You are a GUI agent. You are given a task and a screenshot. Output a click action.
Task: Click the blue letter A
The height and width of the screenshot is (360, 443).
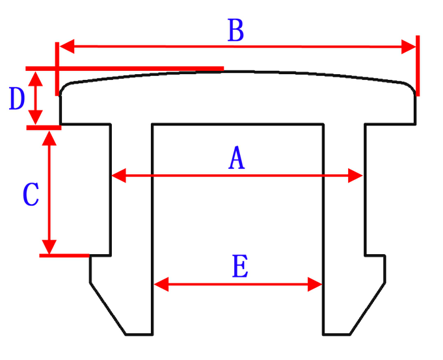pyautogui.click(x=237, y=159)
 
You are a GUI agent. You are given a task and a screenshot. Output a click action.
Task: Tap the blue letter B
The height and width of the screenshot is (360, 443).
pyautogui.click(x=235, y=31)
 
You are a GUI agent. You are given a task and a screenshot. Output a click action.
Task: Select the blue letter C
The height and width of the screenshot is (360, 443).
pyautogui.click(x=31, y=195)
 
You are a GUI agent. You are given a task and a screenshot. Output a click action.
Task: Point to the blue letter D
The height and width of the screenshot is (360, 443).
pyautogui.click(x=18, y=99)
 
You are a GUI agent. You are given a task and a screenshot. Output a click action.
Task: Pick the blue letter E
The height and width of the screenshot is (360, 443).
pyautogui.click(x=240, y=267)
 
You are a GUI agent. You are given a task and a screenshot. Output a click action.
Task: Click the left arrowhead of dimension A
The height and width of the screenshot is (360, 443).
pyautogui.click(x=118, y=175)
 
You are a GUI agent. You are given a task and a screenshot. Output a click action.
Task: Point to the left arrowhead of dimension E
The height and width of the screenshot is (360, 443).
pyautogui.click(x=160, y=284)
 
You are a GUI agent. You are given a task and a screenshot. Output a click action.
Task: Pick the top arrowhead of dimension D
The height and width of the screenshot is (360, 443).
pyautogui.click(x=36, y=76)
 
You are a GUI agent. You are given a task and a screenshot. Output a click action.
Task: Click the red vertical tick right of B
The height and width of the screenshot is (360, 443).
pyautogui.click(x=417, y=65)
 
